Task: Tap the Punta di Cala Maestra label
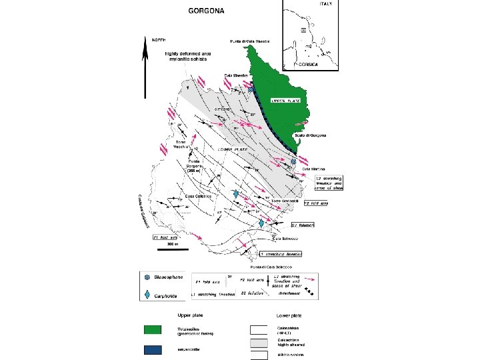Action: coord(250,42)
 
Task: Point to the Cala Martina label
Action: coord(313,169)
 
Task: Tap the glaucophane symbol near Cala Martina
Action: coord(293,161)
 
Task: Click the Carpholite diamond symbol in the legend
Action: coord(147,295)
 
